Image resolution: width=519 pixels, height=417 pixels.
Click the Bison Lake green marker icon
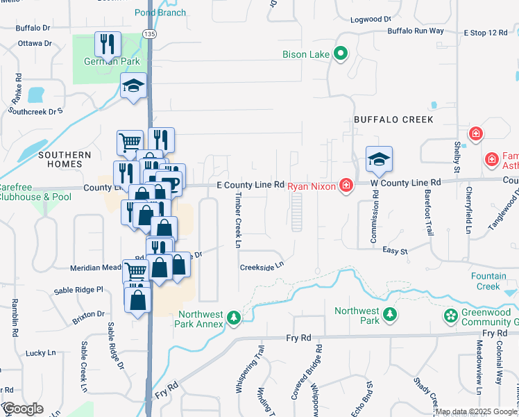[x=341, y=54]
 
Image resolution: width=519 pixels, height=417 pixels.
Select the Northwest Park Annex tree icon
[x=235, y=318]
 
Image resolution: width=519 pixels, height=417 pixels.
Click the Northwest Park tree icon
[x=391, y=315]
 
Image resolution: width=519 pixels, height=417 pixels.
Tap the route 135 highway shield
[x=148, y=33]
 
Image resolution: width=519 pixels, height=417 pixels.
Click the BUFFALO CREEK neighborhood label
[x=393, y=120]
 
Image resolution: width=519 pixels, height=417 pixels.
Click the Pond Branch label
[x=160, y=13]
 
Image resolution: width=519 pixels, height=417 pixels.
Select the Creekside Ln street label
[x=262, y=265]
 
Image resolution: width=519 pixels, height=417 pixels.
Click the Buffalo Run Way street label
[x=416, y=31]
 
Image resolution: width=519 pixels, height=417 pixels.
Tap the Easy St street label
[x=394, y=250]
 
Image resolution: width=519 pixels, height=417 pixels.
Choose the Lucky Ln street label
[x=40, y=353]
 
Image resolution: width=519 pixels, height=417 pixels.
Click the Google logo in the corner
[x=23, y=409]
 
